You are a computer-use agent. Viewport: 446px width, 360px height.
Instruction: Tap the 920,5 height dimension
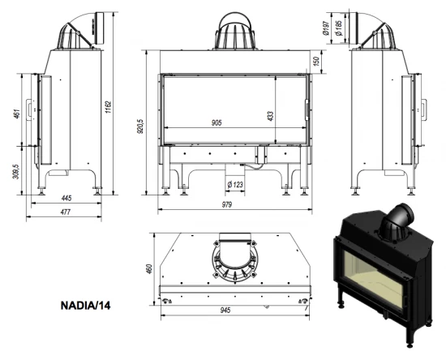click(x=141, y=127)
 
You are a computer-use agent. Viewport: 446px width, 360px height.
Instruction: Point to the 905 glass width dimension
click(x=217, y=122)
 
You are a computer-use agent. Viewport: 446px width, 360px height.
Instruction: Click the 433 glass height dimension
click(x=271, y=115)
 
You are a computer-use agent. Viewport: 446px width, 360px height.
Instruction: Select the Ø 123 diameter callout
click(x=234, y=185)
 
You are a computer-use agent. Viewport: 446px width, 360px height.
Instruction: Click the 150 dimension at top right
click(x=317, y=62)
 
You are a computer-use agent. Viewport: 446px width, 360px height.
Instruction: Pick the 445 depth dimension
click(x=66, y=198)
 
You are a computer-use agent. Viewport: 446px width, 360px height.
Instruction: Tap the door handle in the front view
click(x=306, y=109)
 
